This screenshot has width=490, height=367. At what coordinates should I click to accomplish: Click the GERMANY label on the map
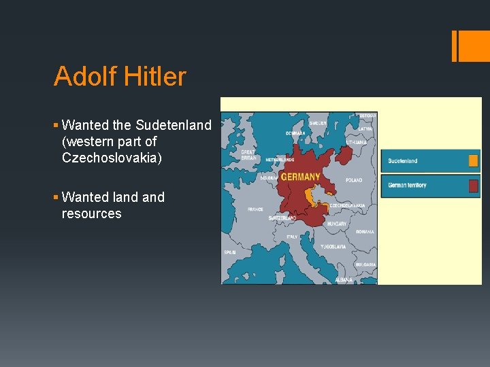coord(300,177)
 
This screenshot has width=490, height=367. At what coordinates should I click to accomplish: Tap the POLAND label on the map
coord(354,181)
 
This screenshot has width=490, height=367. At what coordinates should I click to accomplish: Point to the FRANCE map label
coord(256,209)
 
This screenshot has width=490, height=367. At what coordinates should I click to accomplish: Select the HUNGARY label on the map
coord(337,223)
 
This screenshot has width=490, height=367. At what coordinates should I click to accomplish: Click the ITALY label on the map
coord(291,237)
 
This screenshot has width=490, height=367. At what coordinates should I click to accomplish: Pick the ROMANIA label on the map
coord(364,232)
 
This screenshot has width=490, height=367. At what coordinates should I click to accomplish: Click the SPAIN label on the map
coord(229,252)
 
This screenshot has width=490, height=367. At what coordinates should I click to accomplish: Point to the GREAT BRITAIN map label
coord(248,155)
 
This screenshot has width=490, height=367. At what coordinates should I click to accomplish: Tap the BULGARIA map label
coord(365,264)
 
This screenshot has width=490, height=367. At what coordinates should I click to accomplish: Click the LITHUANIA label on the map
coord(357,143)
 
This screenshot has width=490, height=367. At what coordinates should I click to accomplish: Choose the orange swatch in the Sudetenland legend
coord(473,161)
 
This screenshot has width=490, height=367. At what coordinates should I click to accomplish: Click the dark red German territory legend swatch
coord(473,186)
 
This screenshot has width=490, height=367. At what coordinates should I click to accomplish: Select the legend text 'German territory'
coord(407,186)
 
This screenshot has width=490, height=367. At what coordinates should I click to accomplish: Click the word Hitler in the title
coord(155,77)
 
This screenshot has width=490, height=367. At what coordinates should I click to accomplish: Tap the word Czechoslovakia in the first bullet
coord(112,158)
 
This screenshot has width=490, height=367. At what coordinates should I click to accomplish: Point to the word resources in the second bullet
coord(91,213)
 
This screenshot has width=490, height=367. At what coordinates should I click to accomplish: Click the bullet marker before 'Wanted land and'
coord(56,198)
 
